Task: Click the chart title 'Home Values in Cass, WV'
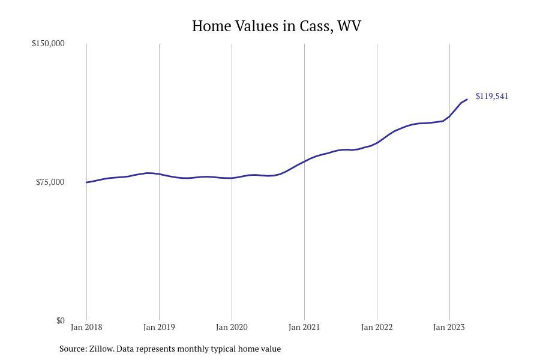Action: [276, 26]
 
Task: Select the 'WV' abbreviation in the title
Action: [349, 26]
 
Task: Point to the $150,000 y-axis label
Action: [48, 44]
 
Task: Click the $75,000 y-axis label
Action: [50, 182]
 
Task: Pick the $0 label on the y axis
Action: [60, 321]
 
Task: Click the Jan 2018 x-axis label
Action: [86, 328]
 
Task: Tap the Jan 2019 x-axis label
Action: [159, 328]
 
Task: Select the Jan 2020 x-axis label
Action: [232, 328]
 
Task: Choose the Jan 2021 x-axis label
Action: [304, 328]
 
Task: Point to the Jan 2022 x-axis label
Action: [377, 328]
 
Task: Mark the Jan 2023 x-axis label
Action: [449, 328]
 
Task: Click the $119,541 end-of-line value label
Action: [492, 97]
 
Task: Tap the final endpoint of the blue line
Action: [467, 100]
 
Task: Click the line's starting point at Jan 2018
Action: [86, 182]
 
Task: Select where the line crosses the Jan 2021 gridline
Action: [304, 161]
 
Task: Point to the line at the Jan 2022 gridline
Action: [377, 143]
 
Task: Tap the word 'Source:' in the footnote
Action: [73, 349]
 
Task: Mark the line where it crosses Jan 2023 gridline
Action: [449, 116]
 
